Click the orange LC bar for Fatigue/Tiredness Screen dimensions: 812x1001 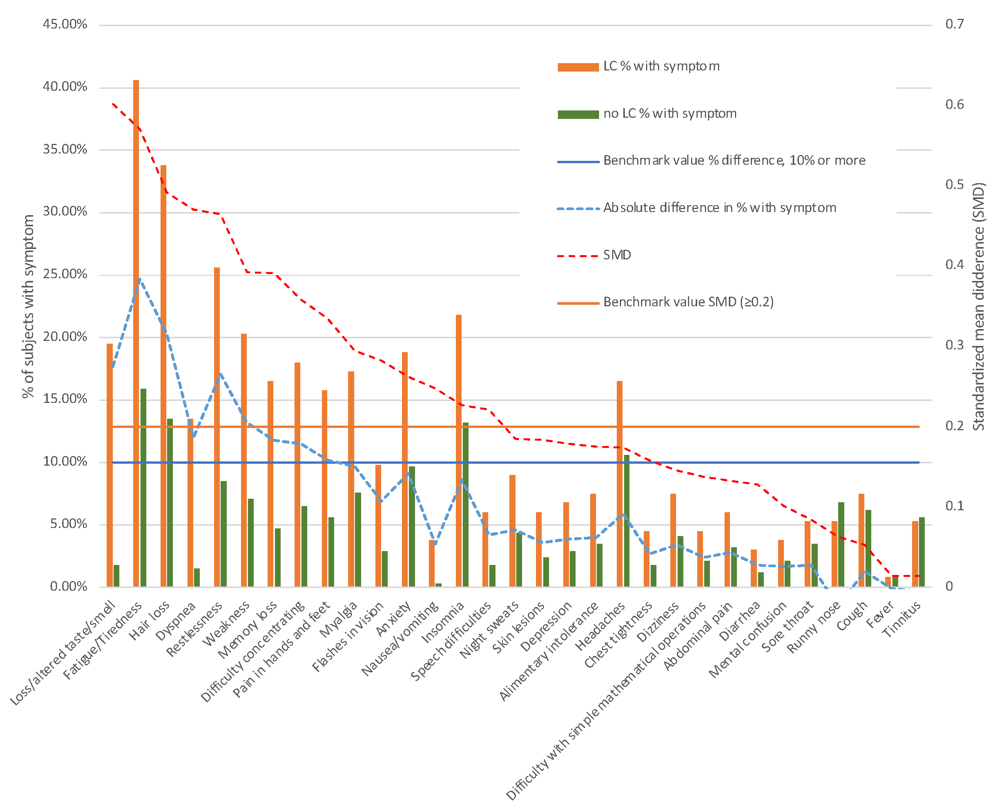pyautogui.click(x=136, y=332)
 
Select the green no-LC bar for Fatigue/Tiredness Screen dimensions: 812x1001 pyautogui.click(x=143, y=486)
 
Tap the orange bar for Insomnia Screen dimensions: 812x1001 pyautogui.click(x=458, y=449)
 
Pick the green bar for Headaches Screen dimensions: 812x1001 pyautogui.click(x=626, y=520)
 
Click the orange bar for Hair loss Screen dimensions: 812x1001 pyautogui.click(x=163, y=374)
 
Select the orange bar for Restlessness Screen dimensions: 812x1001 pyautogui.click(x=217, y=426)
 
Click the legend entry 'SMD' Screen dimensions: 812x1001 pyautogui.click(x=616, y=255)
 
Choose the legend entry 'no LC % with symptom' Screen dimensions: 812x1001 pyautogui.click(x=669, y=114)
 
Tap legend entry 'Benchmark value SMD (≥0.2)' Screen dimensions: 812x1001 pyautogui.click(x=688, y=302)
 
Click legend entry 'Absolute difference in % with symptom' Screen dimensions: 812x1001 pyautogui.click(x=719, y=208)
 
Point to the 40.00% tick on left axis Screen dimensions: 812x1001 pyautogui.click(x=65, y=87)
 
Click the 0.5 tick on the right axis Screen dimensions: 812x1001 pyautogui.click(x=954, y=185)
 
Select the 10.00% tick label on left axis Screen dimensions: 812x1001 pyautogui.click(x=65, y=462)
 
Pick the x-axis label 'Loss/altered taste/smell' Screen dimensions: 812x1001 pyautogui.click(x=63, y=653)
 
